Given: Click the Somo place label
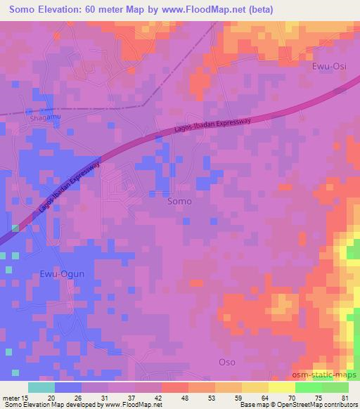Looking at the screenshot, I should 180,201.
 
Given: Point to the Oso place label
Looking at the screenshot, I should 226,363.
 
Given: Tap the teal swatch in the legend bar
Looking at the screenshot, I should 41,387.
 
